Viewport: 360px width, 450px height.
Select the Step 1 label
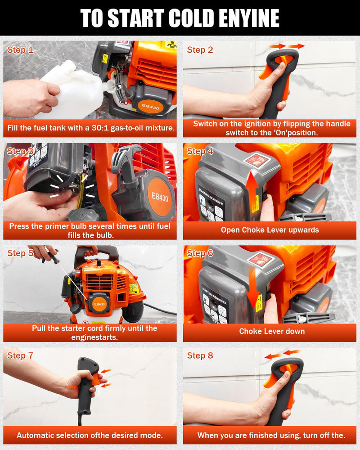coord(20,50)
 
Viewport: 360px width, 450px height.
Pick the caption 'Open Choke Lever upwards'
coord(270,230)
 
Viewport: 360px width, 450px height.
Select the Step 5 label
coord(20,253)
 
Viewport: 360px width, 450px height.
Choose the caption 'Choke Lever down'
coord(272,331)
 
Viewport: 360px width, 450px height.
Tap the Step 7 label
coord(20,355)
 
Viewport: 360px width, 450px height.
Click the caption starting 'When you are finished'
coord(271,435)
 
